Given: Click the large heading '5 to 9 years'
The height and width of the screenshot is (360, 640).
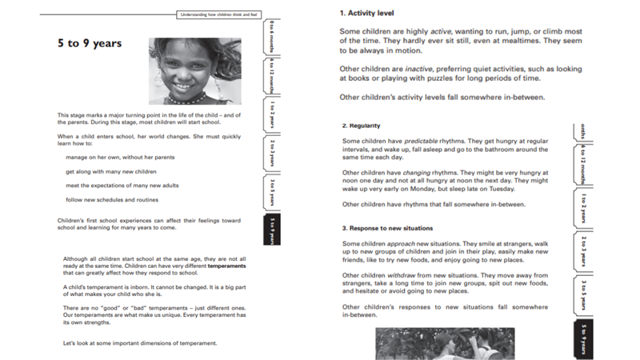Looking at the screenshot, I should [x=90, y=43].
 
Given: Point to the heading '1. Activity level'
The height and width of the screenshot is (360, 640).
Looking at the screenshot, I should [x=366, y=13].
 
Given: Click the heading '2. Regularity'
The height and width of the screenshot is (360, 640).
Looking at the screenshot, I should [x=361, y=126].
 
